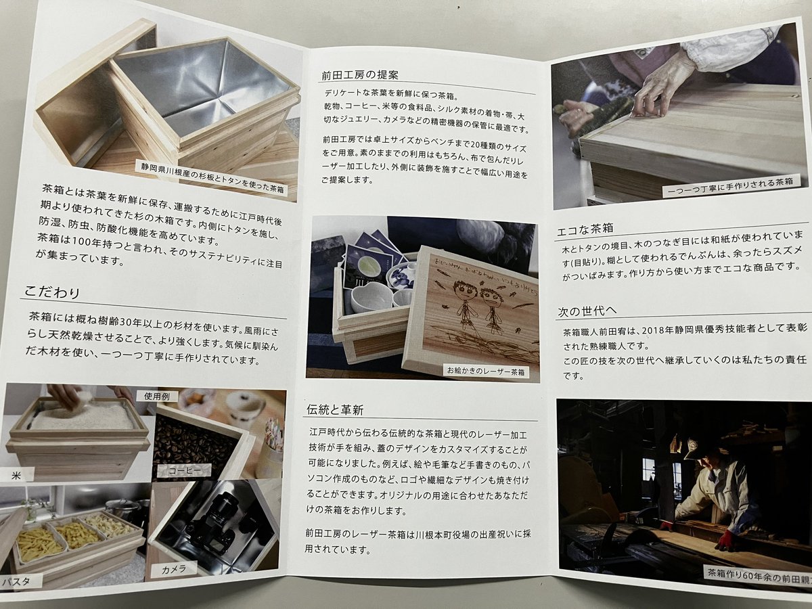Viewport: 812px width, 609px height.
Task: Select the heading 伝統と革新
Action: point(335,409)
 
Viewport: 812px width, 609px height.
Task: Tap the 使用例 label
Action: point(156,397)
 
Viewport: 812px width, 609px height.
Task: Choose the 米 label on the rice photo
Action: point(16,475)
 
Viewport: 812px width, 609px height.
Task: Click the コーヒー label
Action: point(184,471)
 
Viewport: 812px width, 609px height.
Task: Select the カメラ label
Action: point(173,570)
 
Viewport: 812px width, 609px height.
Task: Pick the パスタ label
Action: point(16,582)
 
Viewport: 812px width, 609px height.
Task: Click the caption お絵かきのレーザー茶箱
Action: point(486,371)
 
